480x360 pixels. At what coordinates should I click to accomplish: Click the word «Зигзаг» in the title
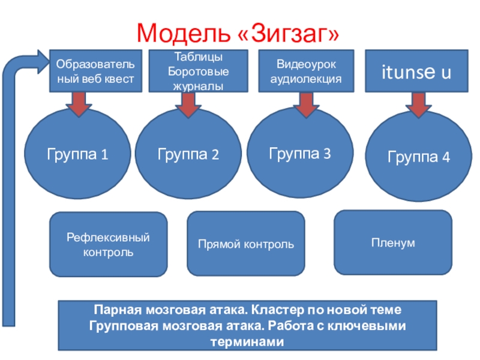(x=289, y=32)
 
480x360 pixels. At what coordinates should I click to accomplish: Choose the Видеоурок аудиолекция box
(x=306, y=71)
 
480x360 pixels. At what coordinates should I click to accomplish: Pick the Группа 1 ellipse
(x=77, y=154)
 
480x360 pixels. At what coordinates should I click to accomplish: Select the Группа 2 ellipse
(x=188, y=155)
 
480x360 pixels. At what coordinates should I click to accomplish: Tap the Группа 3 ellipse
(x=299, y=153)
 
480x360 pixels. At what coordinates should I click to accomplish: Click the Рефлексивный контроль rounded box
(x=108, y=244)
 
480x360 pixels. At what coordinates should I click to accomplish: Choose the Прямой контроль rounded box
(x=246, y=244)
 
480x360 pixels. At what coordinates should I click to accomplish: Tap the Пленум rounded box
(x=392, y=242)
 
